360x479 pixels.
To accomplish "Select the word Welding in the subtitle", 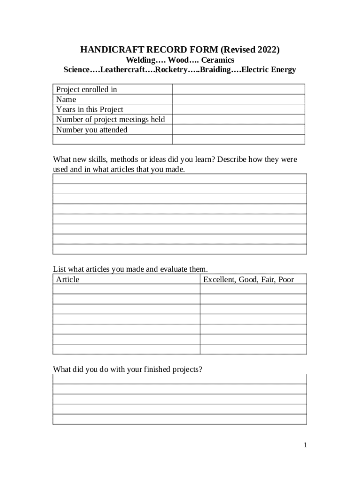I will pos(141,60).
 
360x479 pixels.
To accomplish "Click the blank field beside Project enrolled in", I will pos(238,89).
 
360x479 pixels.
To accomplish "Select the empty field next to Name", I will pos(238,100).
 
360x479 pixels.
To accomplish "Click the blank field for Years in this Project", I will pos(238,109).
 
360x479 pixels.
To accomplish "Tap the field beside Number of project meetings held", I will pos(238,119).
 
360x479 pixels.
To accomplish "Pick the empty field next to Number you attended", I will pos(238,130).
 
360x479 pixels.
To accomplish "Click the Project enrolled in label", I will pos(86,89).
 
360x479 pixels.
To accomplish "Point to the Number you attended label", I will pos(92,130).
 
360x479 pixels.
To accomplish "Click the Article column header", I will pos(68,279).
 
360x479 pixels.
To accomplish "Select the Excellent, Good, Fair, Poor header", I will pos(249,279).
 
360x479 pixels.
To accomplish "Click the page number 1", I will pos(305,445).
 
